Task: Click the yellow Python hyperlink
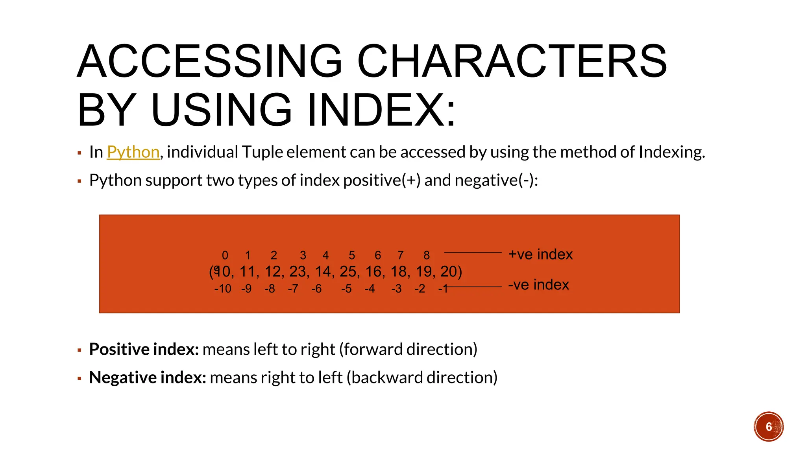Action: point(133,152)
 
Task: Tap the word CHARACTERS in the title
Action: point(512,62)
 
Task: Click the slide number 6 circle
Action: point(769,427)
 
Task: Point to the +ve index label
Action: point(540,254)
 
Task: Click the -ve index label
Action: point(538,285)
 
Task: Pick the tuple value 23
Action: point(298,272)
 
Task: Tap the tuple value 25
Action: point(348,272)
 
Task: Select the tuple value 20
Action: point(449,272)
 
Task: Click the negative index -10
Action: point(223,289)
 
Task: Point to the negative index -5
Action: point(346,289)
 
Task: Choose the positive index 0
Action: point(225,256)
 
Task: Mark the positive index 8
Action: point(427,256)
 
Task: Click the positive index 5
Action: point(352,256)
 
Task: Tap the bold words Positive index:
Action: point(144,349)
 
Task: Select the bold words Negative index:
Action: point(148,377)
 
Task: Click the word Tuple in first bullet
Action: point(262,152)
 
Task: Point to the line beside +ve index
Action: point(473,252)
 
